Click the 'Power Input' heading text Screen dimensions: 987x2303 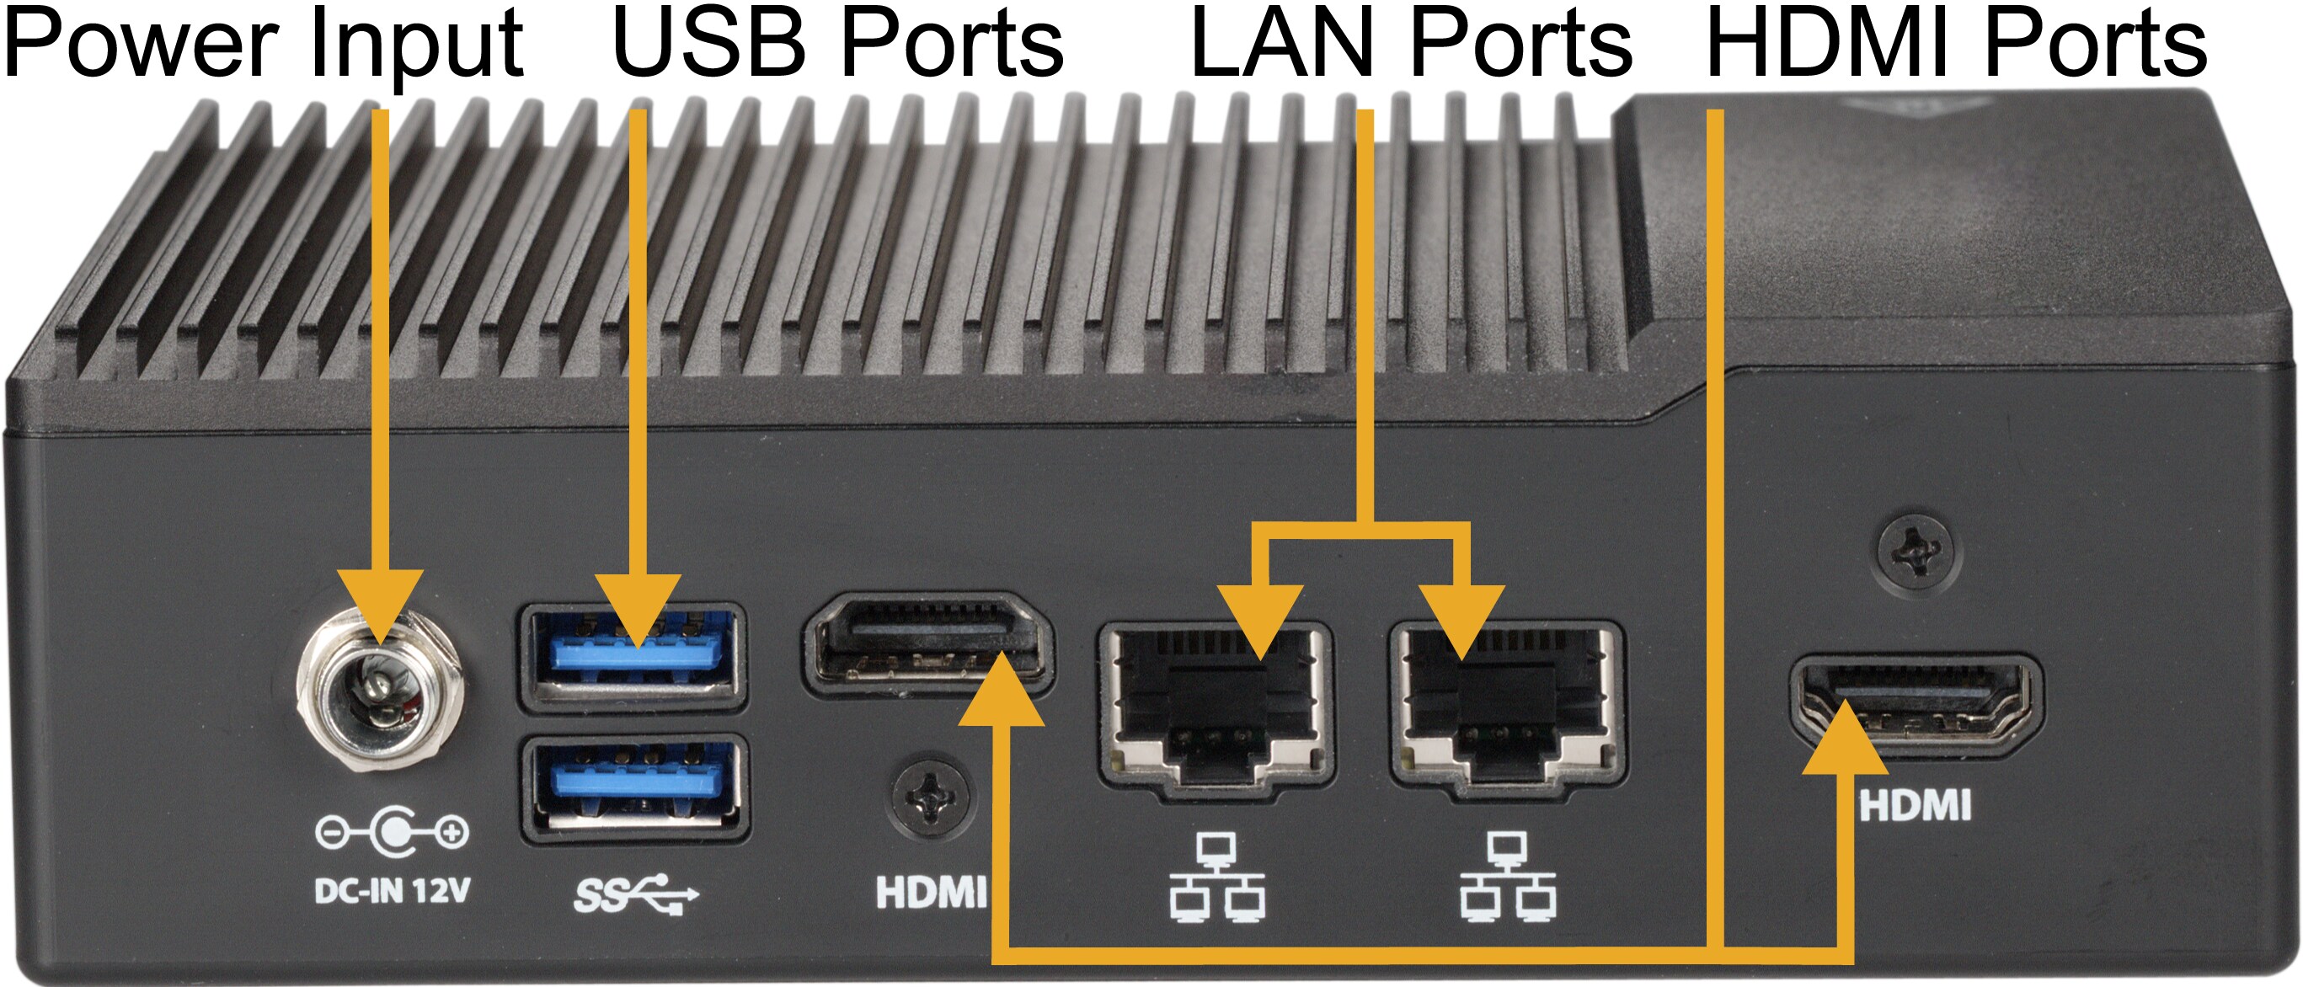point(263,45)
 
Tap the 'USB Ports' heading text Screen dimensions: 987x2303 point(837,45)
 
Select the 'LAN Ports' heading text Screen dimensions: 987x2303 point(1412,45)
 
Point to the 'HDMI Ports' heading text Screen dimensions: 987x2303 point(1956,45)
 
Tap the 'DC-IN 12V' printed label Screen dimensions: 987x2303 point(392,891)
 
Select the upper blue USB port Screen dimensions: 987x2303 point(633,657)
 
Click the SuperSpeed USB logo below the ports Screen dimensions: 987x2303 point(635,894)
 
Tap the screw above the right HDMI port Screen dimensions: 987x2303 point(1915,551)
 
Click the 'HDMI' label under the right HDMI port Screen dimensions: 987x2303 point(1915,805)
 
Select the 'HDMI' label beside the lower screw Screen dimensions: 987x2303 point(931,892)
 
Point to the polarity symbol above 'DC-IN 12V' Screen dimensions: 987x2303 point(392,832)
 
